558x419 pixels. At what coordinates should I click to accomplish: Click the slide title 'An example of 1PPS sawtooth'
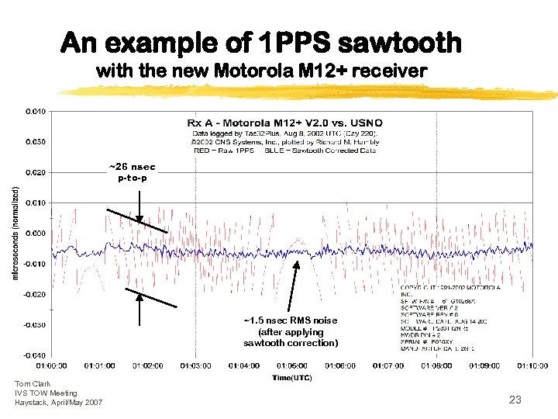click(261, 43)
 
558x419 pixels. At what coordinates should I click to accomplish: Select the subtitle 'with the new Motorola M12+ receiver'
click(261, 71)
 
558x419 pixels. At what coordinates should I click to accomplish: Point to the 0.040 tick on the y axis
click(36, 111)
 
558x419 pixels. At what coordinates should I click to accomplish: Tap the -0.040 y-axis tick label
click(36, 355)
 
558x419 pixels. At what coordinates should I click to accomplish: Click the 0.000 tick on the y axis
click(36, 233)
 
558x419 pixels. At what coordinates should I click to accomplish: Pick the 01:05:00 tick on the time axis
click(292, 365)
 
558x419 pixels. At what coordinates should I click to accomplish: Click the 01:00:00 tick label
click(51, 365)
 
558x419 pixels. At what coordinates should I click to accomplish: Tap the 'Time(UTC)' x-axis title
click(292, 377)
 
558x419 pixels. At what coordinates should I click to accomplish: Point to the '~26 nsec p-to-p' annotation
click(132, 171)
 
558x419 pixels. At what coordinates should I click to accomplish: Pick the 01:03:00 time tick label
click(196, 365)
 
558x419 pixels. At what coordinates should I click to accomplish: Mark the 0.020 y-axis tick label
click(36, 172)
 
